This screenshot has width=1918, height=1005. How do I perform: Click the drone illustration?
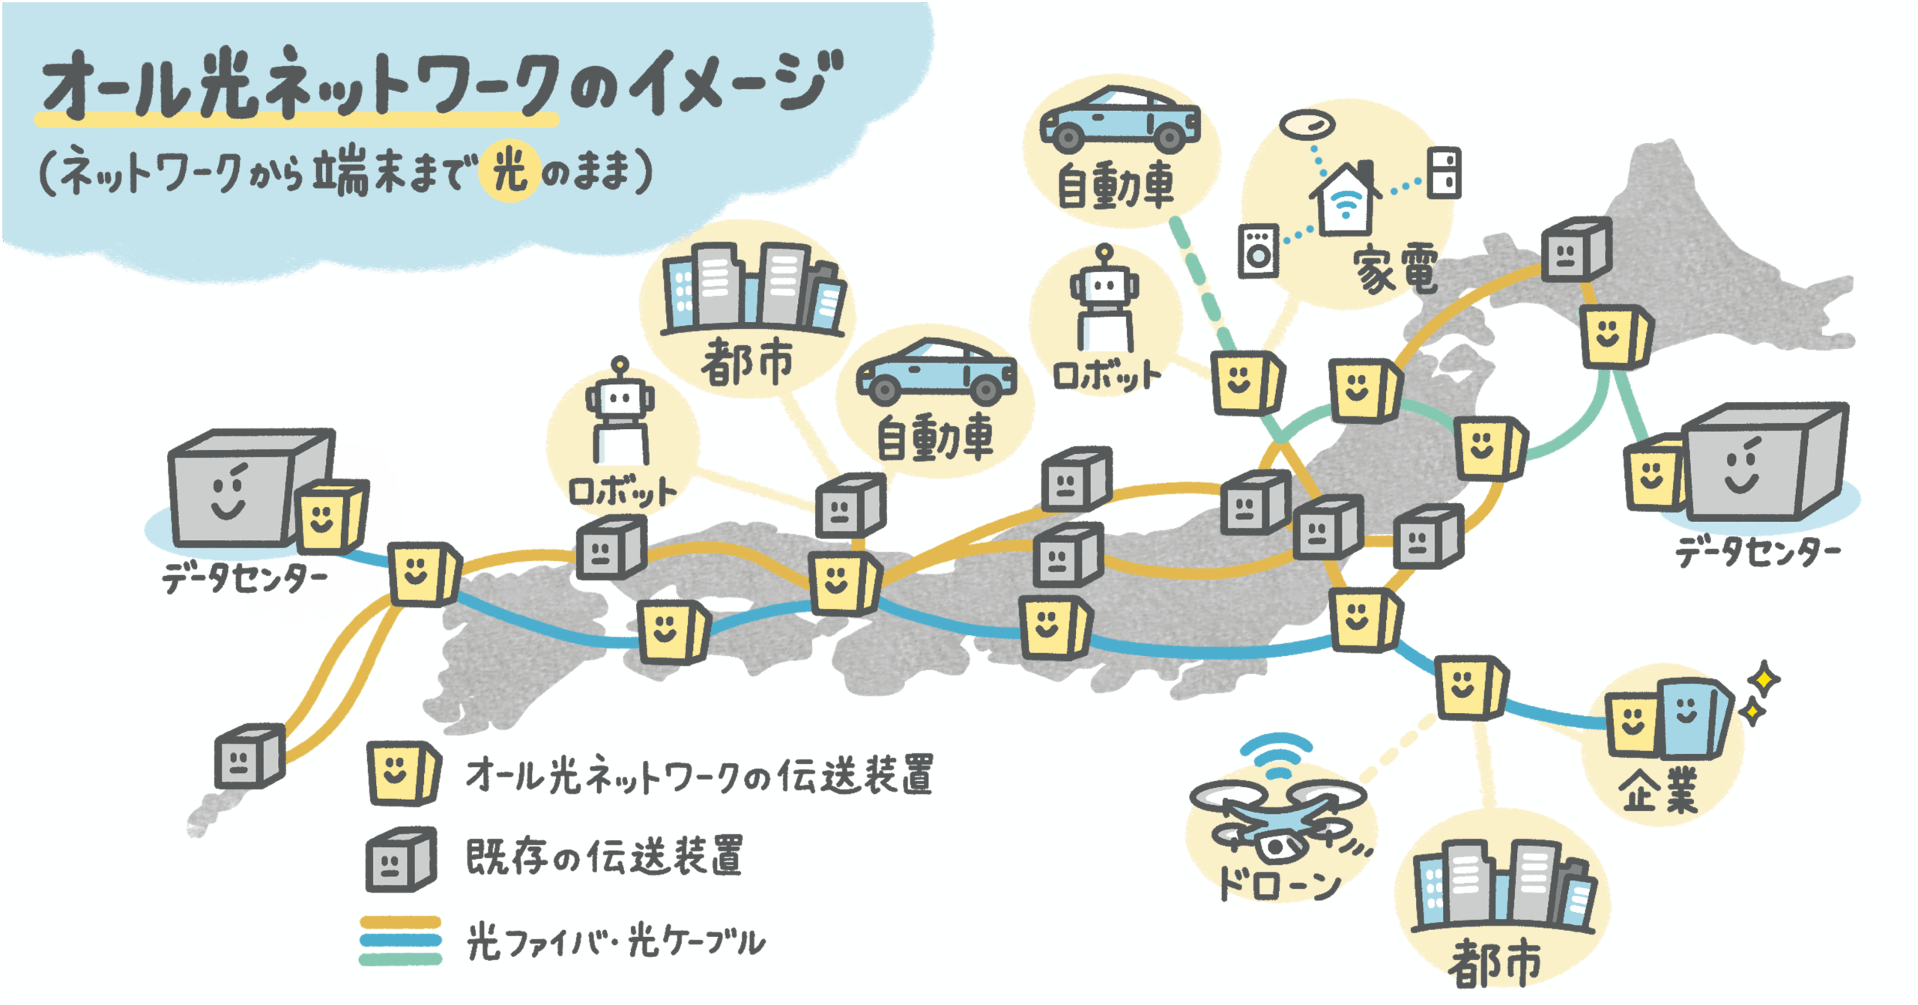[x=1277, y=824]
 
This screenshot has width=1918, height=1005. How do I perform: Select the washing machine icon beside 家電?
[x=1259, y=251]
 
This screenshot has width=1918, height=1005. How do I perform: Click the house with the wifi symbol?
[x=1346, y=200]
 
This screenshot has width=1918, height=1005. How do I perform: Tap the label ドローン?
[x=1278, y=884]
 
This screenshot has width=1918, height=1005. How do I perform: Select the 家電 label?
[x=1395, y=268]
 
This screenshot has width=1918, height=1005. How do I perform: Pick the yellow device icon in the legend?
[x=401, y=773]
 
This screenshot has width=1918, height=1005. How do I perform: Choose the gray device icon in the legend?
[x=399, y=859]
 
